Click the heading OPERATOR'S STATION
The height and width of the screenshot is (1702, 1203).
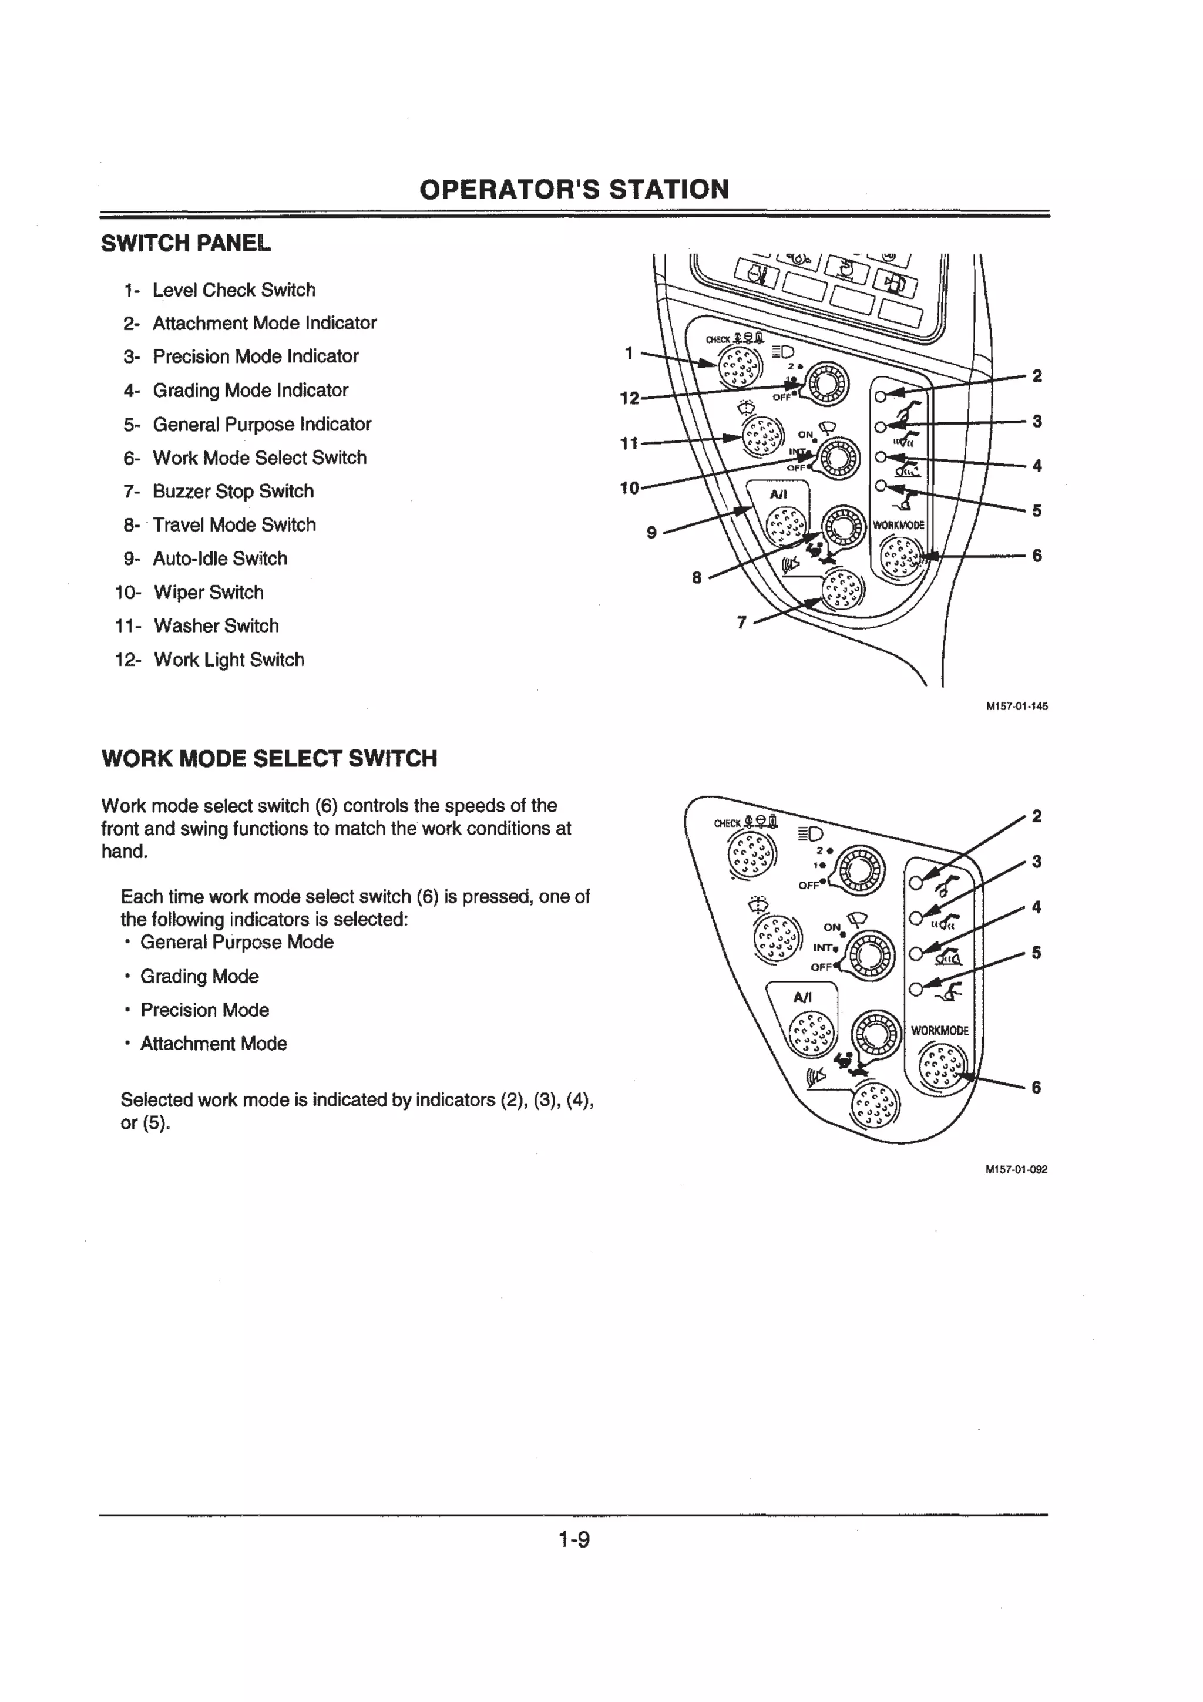coord(574,190)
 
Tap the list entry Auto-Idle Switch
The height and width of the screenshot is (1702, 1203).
coord(220,559)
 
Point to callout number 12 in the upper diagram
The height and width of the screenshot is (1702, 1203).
coord(629,399)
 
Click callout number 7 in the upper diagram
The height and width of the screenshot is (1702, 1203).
coord(741,623)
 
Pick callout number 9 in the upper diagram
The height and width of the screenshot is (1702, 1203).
coord(651,532)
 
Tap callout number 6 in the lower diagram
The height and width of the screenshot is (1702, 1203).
coord(1036,1088)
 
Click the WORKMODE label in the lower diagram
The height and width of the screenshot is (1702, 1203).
coord(939,1030)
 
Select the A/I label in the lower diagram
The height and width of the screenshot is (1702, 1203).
coord(803,998)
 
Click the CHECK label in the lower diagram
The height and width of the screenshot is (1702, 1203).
coord(727,823)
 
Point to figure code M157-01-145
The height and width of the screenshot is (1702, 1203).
coord(1016,707)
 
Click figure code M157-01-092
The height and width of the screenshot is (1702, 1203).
coord(1016,1170)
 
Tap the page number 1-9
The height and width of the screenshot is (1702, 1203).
coord(574,1540)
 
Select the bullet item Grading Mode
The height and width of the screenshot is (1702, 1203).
coord(199,976)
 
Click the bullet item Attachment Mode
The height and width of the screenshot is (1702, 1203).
coord(213,1044)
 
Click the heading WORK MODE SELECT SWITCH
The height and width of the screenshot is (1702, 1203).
coord(269,759)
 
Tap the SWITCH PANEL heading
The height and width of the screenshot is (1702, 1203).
coord(186,243)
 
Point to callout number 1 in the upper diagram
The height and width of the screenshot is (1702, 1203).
coord(629,354)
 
